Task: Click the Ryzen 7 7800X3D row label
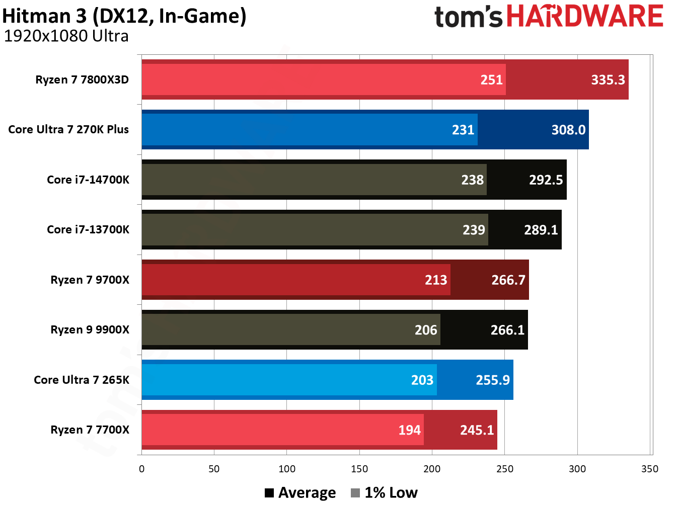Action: point(82,79)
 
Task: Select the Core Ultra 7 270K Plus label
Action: point(68,129)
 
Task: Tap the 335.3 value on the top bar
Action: point(608,80)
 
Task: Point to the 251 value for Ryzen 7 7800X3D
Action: point(491,80)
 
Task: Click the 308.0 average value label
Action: point(568,130)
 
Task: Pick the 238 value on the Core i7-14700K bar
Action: point(472,180)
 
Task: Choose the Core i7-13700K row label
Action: point(88,229)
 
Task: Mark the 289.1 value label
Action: point(541,230)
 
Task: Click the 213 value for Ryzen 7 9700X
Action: point(435,280)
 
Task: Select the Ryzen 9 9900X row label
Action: point(90,329)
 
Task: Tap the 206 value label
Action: point(425,330)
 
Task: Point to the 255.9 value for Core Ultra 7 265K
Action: point(492,380)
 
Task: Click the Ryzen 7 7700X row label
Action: point(90,430)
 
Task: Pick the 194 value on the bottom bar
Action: point(409,430)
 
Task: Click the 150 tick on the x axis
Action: point(359,469)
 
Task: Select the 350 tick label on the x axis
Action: point(649,469)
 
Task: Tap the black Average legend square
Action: point(269,493)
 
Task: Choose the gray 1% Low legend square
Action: point(355,493)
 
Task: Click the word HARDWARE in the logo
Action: point(584,16)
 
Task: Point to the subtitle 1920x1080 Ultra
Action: point(66,36)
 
